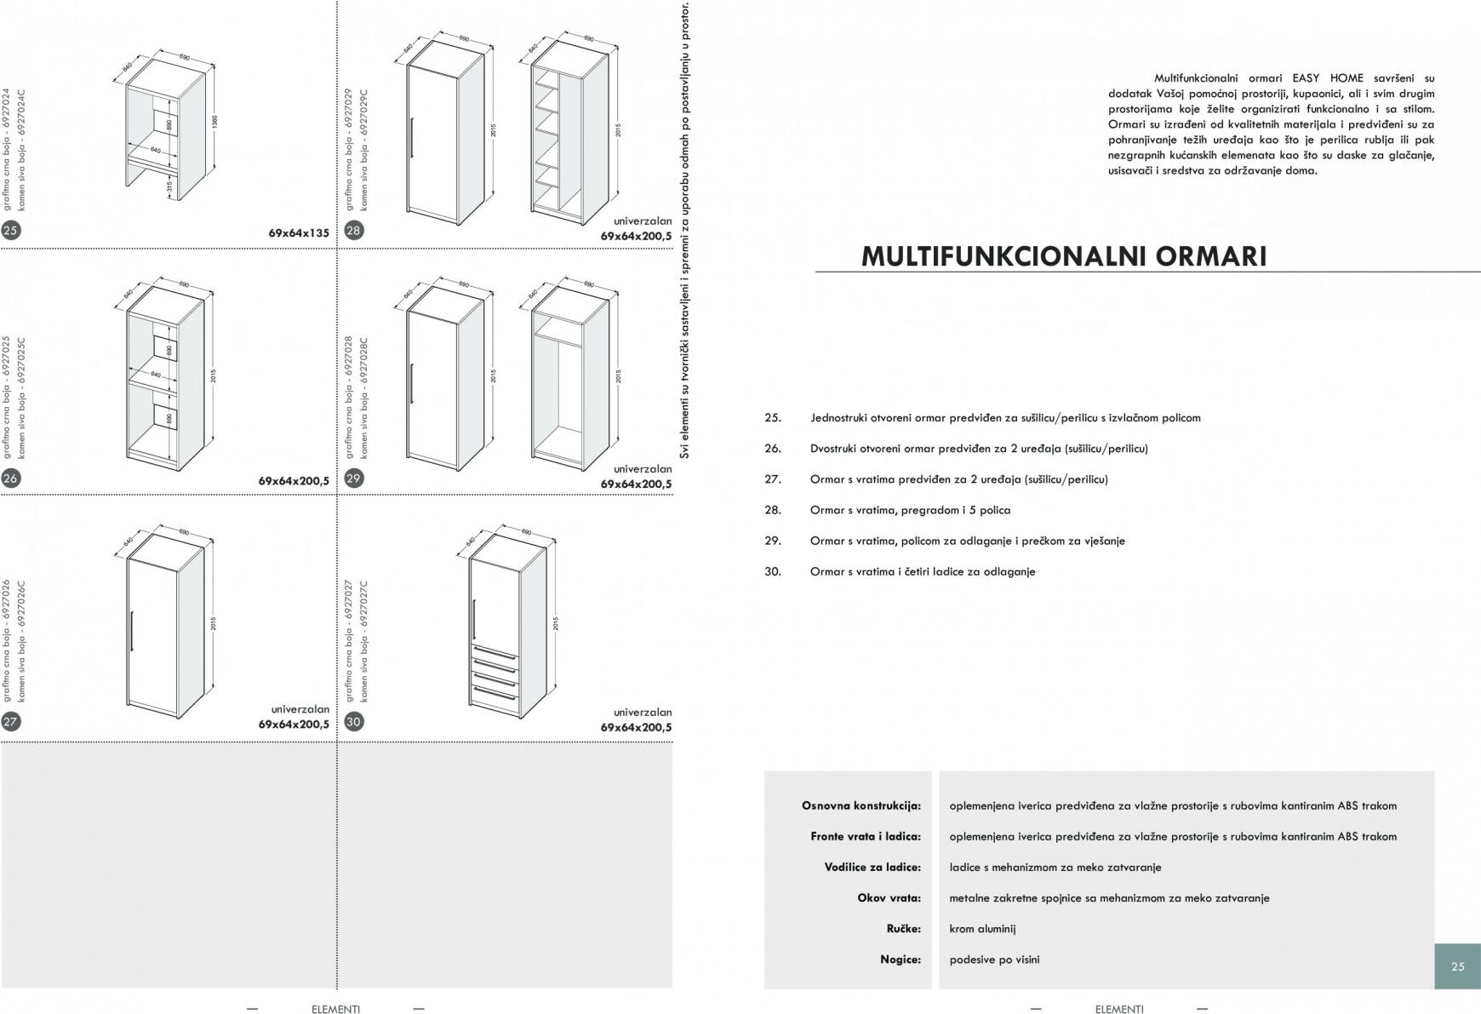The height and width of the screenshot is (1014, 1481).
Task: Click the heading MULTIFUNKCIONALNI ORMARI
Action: click(1064, 256)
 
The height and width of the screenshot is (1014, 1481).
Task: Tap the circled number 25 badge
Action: click(11, 231)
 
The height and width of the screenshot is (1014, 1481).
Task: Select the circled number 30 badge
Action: click(354, 722)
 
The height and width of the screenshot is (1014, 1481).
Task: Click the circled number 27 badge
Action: click(11, 722)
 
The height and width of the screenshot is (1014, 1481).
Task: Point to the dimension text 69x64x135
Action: click(299, 233)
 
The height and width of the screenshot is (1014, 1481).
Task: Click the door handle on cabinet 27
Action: click(132, 631)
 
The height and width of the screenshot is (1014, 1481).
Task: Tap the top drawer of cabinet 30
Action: click(495, 656)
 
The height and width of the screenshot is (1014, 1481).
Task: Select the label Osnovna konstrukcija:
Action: click(861, 805)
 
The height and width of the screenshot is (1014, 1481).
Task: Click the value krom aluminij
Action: click(982, 929)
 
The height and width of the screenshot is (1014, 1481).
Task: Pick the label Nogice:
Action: click(900, 960)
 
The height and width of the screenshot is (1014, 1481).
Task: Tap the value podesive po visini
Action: click(994, 960)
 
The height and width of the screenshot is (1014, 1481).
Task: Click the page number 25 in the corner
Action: click(1457, 966)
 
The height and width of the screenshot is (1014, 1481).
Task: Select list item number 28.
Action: click(773, 510)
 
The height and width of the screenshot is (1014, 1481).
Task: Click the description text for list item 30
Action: click(922, 571)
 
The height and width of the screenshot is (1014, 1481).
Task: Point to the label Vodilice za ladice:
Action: click(872, 867)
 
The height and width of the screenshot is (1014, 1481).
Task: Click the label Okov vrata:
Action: click(889, 897)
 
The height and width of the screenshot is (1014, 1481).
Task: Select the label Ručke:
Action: click(903, 929)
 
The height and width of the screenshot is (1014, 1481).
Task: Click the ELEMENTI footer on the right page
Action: click(1118, 1009)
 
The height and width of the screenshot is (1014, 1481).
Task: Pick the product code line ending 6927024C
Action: click(22, 149)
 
